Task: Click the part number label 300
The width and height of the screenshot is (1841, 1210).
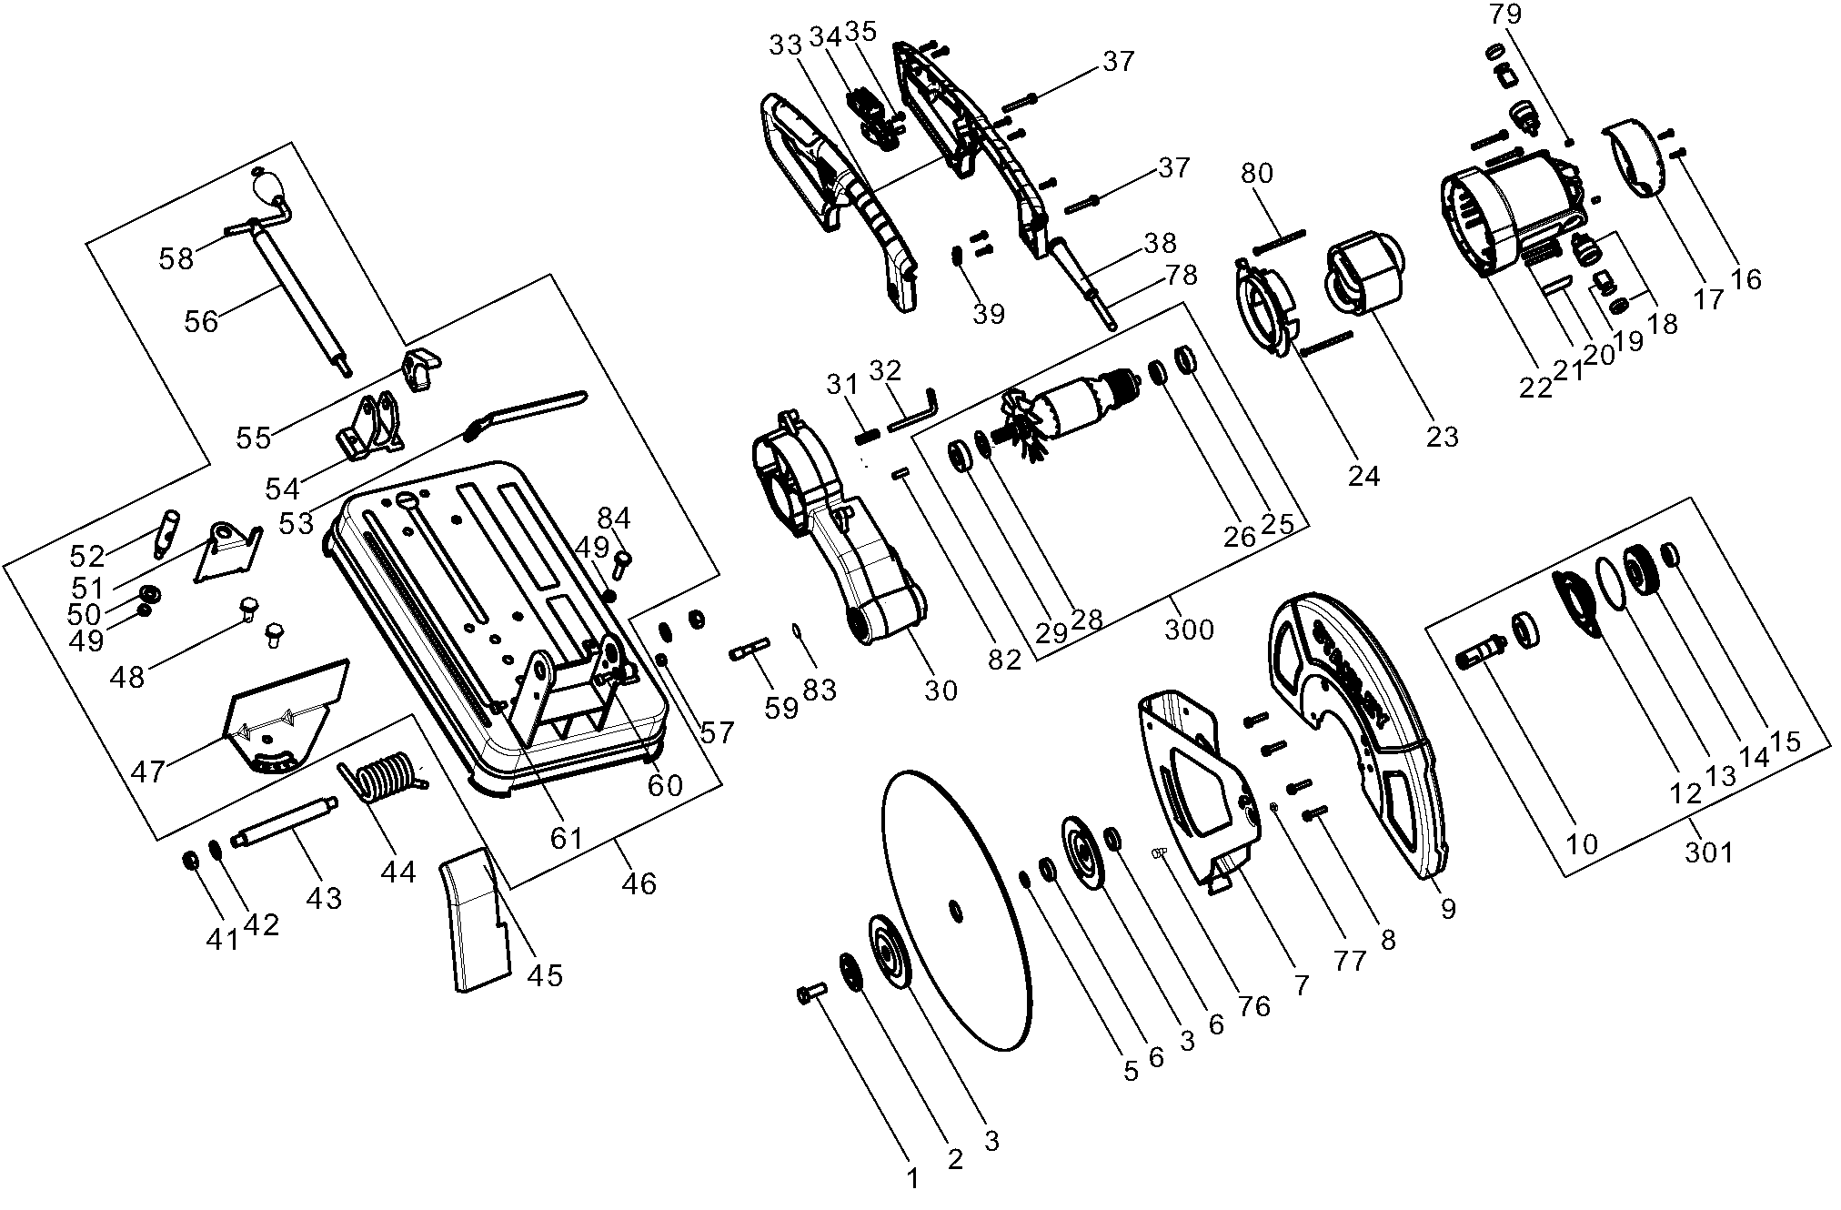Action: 1189,630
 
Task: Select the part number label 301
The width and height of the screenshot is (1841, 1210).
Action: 1709,852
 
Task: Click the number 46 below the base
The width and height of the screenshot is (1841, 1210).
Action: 639,883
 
